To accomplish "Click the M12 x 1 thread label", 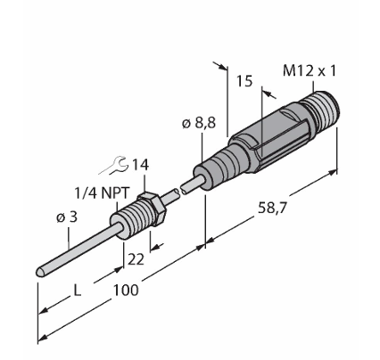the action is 309,71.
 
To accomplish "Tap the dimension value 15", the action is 244,81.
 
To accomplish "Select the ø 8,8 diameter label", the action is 199,123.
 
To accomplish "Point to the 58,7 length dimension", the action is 272,208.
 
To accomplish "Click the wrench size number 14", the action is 140,165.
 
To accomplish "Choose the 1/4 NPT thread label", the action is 102,193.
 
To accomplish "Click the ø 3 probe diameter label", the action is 67,217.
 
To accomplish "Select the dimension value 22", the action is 136,259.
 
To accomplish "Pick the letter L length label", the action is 77,290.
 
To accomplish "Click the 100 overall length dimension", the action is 126,290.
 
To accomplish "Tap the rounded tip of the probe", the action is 40,272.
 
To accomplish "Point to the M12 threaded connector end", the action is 322,108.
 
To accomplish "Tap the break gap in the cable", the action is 178,191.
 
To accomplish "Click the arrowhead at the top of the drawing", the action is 220,66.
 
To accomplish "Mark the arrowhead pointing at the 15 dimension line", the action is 269,94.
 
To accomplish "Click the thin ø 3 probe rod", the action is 78,250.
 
